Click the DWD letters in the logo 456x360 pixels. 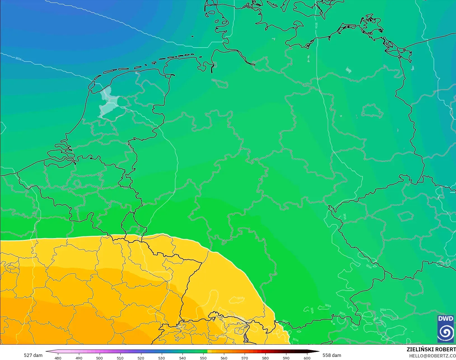(x=446, y=319)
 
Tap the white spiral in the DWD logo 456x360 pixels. (x=446, y=333)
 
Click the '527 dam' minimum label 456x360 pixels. (x=33, y=355)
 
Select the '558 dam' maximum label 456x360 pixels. (x=332, y=355)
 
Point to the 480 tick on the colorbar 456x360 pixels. (x=58, y=358)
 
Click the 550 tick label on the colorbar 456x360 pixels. (x=203, y=358)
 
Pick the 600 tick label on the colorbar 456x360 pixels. (x=307, y=358)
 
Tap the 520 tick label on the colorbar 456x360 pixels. (x=141, y=358)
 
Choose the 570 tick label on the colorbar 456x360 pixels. (x=245, y=358)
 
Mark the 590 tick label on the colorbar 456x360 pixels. (x=286, y=358)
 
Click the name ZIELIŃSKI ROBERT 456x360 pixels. (x=431, y=349)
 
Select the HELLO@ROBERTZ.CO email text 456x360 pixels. (x=432, y=356)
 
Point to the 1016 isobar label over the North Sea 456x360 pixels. (x=18, y=58)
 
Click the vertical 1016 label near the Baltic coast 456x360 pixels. (x=317, y=26)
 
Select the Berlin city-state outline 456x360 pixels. (x=372, y=111)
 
